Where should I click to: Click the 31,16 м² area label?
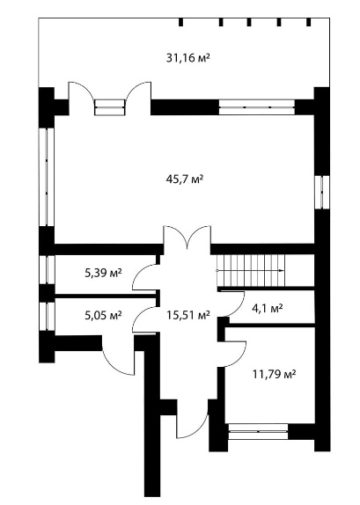pyautogui.click(x=188, y=58)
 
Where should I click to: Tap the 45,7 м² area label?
pyautogui.click(x=185, y=179)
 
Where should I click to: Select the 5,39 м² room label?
pyautogui.click(x=103, y=273)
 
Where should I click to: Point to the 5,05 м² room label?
pyautogui.click(x=103, y=315)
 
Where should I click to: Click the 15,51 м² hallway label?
pyautogui.click(x=188, y=315)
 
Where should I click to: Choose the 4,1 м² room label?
pyautogui.click(x=268, y=308)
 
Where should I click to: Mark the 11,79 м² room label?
pyautogui.click(x=275, y=374)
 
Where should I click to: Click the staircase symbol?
pyautogui.click(x=251, y=271)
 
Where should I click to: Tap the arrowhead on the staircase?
pyautogui.click(x=281, y=271)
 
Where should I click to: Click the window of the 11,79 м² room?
pyautogui.click(x=258, y=431)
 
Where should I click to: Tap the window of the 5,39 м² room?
pyautogui.click(x=47, y=269)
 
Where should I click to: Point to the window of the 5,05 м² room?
pyautogui.click(x=47, y=316)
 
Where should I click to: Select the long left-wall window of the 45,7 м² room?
pyautogui.click(x=47, y=177)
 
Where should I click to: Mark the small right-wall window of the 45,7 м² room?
pyautogui.click(x=322, y=192)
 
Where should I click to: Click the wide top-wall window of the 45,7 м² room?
pyautogui.click(x=257, y=107)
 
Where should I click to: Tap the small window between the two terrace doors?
pyautogui.click(x=109, y=107)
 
